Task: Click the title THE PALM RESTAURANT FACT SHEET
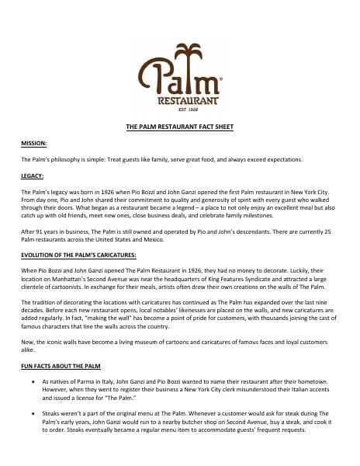(x=179, y=125)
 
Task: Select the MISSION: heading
(x=34, y=144)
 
